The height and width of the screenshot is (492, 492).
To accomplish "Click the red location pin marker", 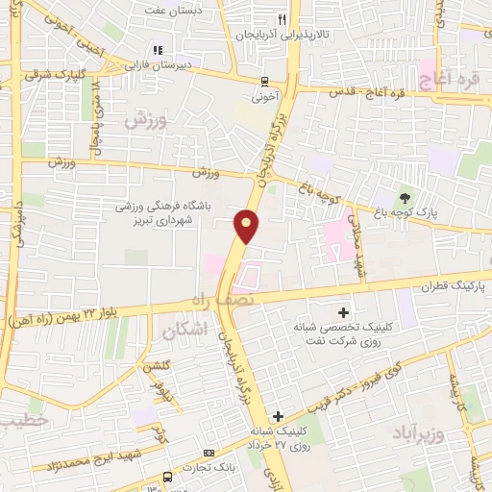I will [246, 227].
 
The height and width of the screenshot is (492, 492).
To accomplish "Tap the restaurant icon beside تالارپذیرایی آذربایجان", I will [281, 18].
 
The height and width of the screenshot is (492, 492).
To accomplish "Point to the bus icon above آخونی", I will [265, 81].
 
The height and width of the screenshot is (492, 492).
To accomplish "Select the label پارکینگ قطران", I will [453, 286].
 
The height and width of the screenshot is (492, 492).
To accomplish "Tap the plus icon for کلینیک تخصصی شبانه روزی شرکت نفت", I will [343, 311].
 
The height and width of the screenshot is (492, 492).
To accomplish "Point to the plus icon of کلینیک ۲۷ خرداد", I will [278, 416].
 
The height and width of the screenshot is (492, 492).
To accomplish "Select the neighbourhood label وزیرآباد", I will [420, 433].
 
